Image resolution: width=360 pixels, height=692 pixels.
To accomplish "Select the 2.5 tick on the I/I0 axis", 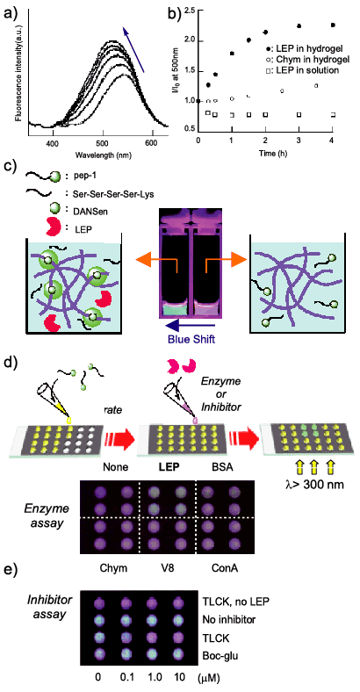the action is (x=189, y=11).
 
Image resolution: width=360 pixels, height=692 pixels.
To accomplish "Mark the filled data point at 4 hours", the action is (x=333, y=25).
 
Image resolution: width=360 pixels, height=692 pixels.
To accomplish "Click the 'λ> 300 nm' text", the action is (x=313, y=484).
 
